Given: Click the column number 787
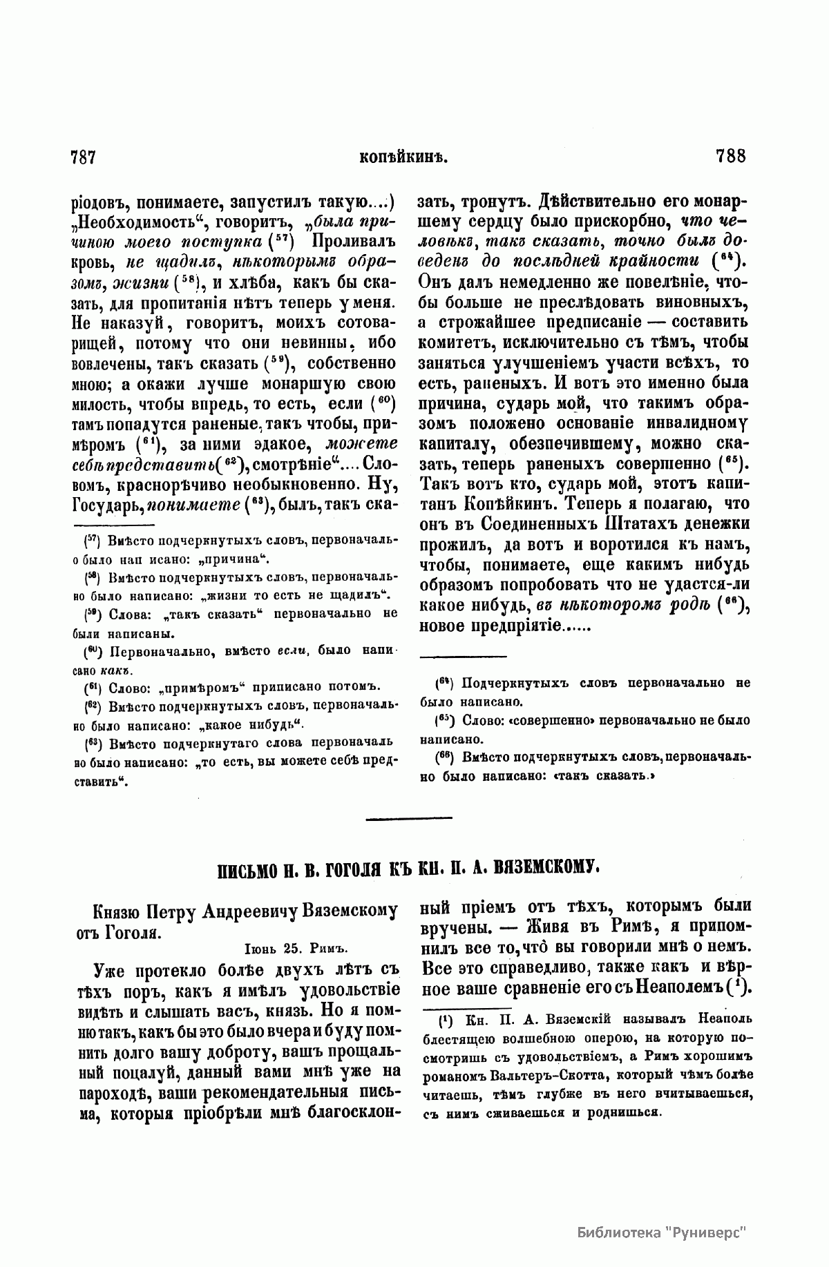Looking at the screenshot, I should [82, 157].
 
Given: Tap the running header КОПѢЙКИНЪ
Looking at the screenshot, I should [405, 157].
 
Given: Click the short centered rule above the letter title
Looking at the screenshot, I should [409, 819].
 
